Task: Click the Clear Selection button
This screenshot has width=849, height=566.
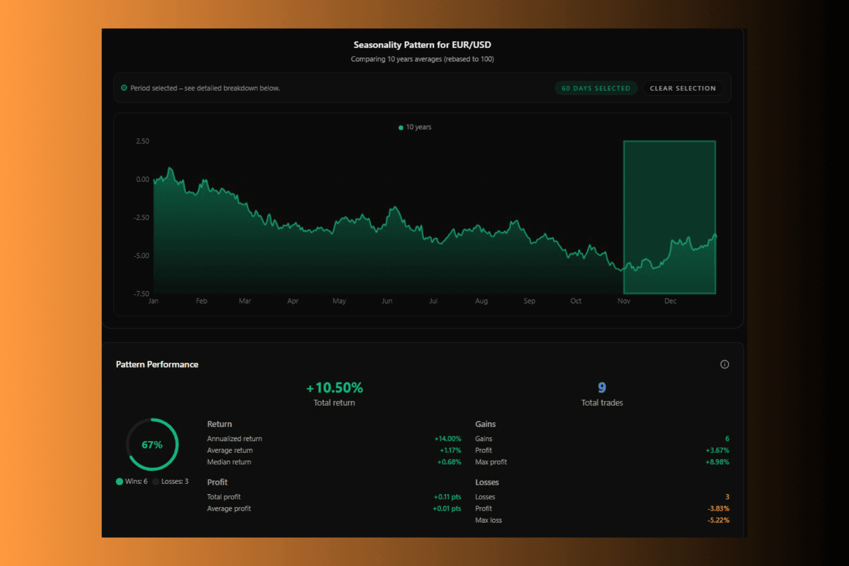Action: pos(683,88)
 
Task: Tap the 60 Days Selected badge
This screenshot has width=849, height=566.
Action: pos(596,88)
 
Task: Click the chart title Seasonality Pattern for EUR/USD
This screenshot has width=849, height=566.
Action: pos(422,45)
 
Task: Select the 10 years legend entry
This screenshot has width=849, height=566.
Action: pos(415,127)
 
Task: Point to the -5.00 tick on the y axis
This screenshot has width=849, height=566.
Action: pos(141,256)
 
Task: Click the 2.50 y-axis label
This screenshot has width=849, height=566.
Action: pos(142,141)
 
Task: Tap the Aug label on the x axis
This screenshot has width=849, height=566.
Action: pos(481,301)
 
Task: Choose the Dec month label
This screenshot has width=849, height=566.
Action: pos(670,301)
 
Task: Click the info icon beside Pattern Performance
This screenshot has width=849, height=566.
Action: pos(724,364)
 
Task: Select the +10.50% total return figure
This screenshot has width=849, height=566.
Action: pos(334,388)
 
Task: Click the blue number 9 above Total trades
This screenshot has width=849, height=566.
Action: pos(602,388)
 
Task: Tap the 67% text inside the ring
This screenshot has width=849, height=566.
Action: pos(152,445)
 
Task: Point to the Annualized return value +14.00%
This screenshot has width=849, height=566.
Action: pos(448,439)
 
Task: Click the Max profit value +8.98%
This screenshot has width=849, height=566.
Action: pos(717,462)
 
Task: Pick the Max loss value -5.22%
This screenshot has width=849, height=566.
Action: pos(718,520)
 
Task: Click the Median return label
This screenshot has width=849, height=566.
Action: pos(229,462)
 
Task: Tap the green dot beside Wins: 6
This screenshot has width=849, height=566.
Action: pos(119,482)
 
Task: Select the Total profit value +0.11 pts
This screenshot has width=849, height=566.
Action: pos(447,497)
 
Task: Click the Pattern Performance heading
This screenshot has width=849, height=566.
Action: pos(157,364)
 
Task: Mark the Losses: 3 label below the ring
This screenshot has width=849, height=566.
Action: pos(175,482)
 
